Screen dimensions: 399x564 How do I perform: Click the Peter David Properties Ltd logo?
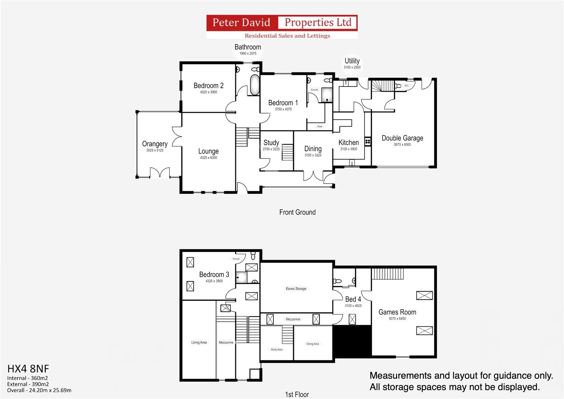[x=282, y=27]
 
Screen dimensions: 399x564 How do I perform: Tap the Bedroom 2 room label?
[x=208, y=86]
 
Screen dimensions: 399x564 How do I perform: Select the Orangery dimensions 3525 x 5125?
[x=155, y=150]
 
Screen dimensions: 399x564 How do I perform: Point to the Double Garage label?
[x=402, y=138]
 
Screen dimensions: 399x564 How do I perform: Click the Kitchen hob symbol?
[x=368, y=141]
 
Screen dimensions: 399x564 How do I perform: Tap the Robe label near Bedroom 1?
[x=319, y=126]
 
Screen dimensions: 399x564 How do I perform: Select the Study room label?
[x=271, y=143]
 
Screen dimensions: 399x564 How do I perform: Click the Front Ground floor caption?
[x=297, y=212]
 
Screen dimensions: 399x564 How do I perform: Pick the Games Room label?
[x=397, y=312]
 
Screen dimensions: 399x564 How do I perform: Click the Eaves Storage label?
[x=296, y=289]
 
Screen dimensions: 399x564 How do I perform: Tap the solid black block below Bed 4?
[x=352, y=341]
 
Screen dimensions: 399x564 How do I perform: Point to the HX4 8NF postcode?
[x=28, y=369]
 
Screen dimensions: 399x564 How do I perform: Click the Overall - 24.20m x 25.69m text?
[x=39, y=390]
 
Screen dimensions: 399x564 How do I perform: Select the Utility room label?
[x=352, y=61]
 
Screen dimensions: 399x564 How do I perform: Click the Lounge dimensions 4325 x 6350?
[x=208, y=158]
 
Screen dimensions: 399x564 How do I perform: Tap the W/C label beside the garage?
[x=406, y=86]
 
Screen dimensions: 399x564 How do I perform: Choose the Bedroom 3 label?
[x=214, y=274]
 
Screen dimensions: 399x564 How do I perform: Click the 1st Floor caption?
[x=297, y=395]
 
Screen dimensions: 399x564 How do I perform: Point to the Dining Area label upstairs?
[x=312, y=344]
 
